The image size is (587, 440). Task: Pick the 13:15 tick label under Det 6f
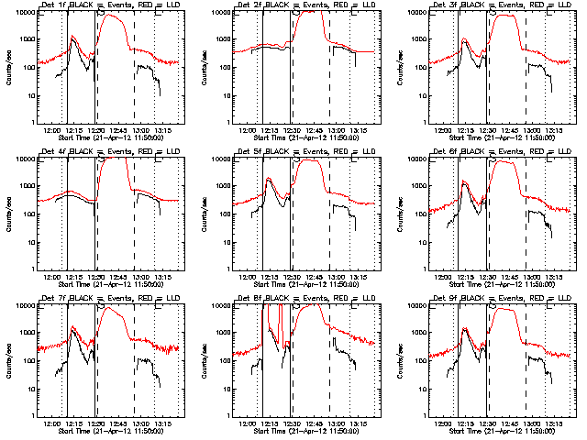pyautogui.click(x=555, y=278)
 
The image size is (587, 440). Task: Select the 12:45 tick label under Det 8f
pyautogui.click(x=316, y=423)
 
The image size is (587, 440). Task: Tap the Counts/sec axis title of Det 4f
pyautogui.click(x=7, y=213)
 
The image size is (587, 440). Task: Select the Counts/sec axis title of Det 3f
pyautogui.click(x=400, y=66)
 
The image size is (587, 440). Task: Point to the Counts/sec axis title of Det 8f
pyautogui.click(x=204, y=359)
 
